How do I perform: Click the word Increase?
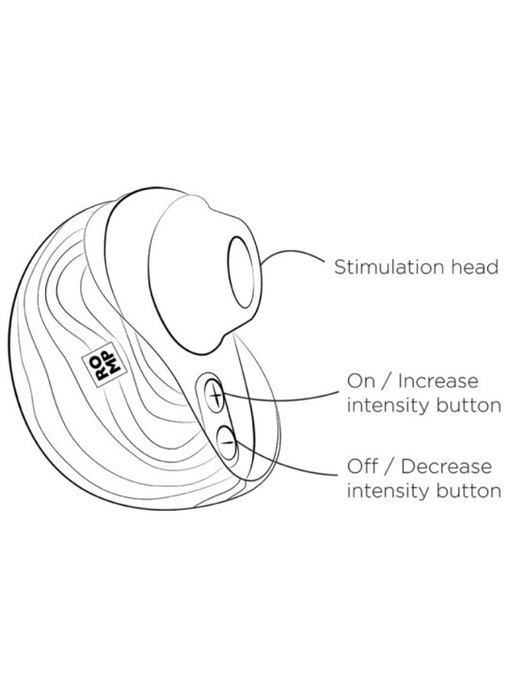(438, 381)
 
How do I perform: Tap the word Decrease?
(446, 466)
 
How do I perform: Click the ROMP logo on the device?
(104, 365)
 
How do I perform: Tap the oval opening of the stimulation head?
(244, 273)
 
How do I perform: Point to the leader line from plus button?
(280, 399)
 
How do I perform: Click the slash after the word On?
(385, 382)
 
